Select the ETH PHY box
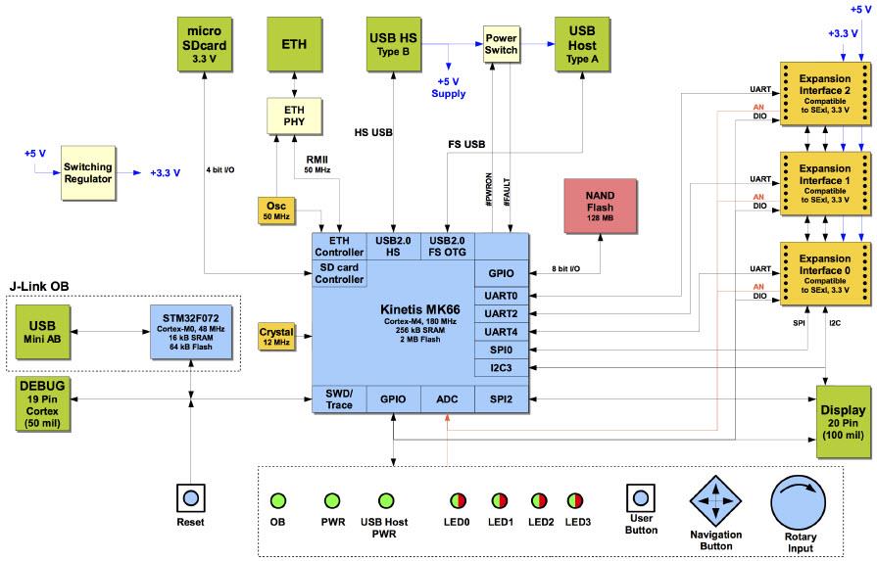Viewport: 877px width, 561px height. click(x=295, y=116)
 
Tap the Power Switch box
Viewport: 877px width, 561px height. click(x=501, y=43)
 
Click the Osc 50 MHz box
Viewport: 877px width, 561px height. click(x=276, y=210)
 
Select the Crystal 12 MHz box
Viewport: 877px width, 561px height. click(x=276, y=336)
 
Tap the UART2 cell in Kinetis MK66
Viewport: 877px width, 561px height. click(x=501, y=313)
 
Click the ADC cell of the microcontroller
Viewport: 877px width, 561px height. click(x=446, y=399)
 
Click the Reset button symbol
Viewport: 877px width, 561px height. click(x=189, y=497)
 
